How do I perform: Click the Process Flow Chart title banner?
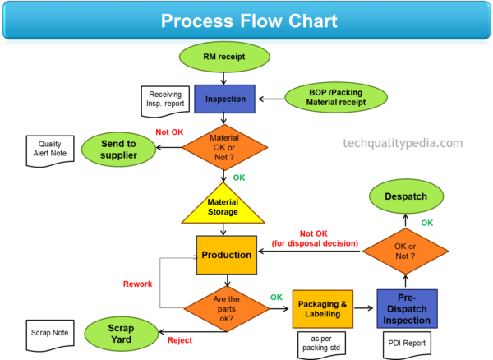click(246, 21)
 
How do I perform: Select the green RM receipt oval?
click(224, 57)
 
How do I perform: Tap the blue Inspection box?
click(225, 99)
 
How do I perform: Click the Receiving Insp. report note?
click(164, 100)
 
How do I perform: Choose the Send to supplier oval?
click(118, 149)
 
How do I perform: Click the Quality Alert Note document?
click(48, 150)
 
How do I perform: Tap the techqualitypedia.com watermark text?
click(403, 143)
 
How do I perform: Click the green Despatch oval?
click(404, 196)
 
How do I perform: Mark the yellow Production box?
click(227, 256)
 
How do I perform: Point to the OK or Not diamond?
click(405, 250)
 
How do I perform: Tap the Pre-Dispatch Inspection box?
click(407, 308)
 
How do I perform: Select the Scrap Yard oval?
click(121, 334)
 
